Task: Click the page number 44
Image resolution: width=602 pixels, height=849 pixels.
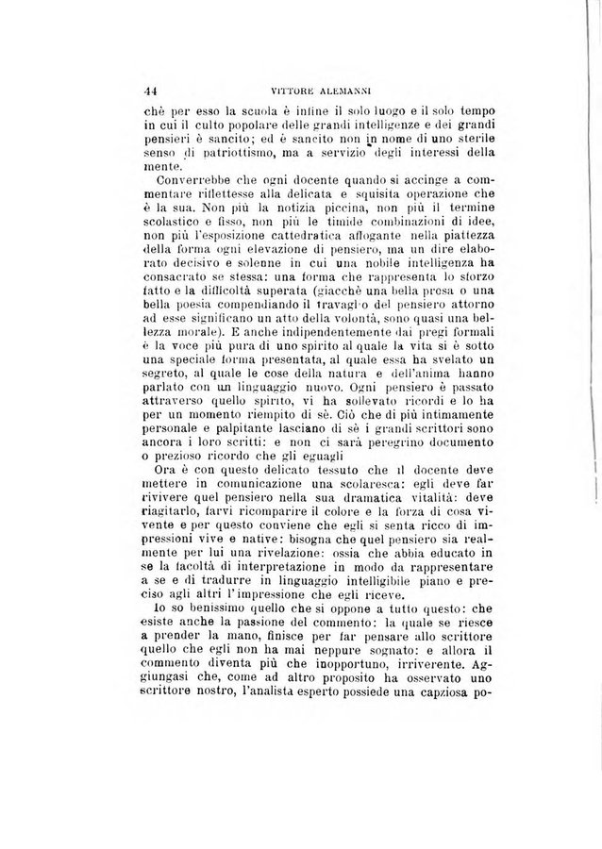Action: pyautogui.click(x=149, y=91)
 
